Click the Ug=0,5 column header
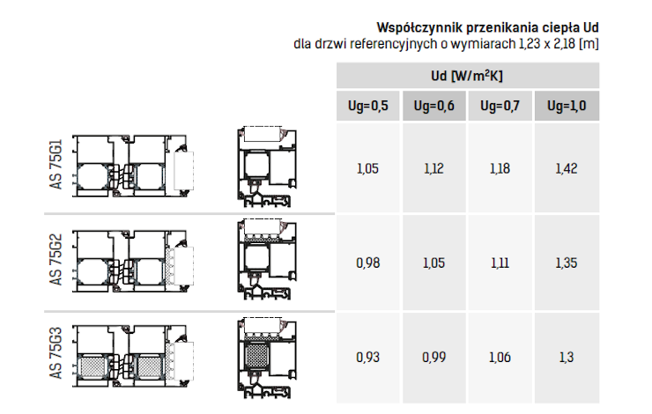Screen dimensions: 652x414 click(x=368, y=106)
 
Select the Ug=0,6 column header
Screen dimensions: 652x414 click(x=433, y=106)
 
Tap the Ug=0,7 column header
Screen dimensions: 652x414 click(x=500, y=106)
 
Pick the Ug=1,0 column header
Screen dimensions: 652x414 click(x=567, y=106)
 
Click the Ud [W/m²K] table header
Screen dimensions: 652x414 click(x=467, y=76)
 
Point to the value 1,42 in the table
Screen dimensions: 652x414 click(x=567, y=168)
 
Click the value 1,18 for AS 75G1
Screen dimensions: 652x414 click(x=500, y=168)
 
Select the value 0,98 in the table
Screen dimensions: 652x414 click(x=367, y=262)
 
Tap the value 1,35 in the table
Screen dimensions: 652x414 click(x=567, y=262)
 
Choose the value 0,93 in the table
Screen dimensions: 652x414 click(x=367, y=357)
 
